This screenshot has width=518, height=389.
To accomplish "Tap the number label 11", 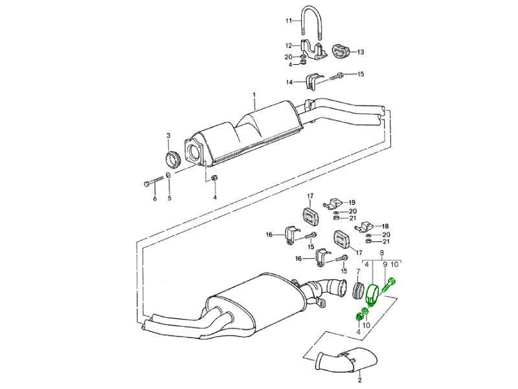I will pyautogui.click(x=289, y=21).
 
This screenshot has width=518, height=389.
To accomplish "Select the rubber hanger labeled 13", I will pyautogui.click(x=341, y=51).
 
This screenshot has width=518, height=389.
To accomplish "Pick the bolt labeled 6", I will pyautogui.click(x=150, y=183).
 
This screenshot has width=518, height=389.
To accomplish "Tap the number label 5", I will pyautogui.click(x=170, y=198).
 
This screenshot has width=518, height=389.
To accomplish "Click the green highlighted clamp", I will pyautogui.click(x=374, y=294).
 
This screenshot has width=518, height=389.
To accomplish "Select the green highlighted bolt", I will pyautogui.click(x=391, y=285).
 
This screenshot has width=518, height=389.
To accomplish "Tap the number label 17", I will pyautogui.click(x=310, y=195).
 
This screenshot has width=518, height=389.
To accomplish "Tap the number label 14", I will pyautogui.click(x=290, y=82).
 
